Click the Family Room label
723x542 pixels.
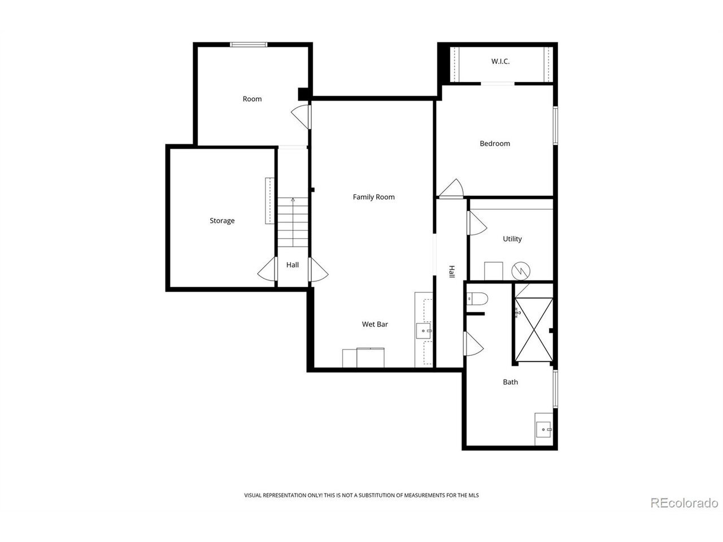[x=373, y=197]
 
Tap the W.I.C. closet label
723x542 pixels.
[x=500, y=61]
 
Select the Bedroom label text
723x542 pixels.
[x=495, y=143]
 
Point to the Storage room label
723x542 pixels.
[x=222, y=221]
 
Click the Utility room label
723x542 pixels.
[x=512, y=239]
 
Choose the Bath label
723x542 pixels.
[x=510, y=382]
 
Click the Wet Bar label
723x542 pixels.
[x=375, y=324]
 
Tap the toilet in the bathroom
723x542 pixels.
[x=477, y=299]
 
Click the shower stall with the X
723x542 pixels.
[x=534, y=329]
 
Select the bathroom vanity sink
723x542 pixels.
[x=544, y=430]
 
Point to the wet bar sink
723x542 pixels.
[x=424, y=331]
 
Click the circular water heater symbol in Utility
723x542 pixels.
[x=521, y=271]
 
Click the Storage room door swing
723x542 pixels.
[x=267, y=269]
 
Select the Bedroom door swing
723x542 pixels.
[x=451, y=189]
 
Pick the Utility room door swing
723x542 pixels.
[x=477, y=223]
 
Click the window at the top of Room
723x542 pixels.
[x=249, y=45]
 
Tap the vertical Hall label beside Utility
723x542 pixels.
[x=452, y=272]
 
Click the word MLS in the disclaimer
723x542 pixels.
[x=474, y=495]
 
